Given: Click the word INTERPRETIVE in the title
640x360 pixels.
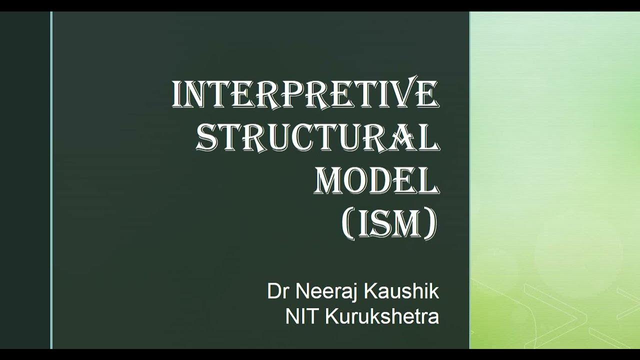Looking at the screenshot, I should coord(305,93).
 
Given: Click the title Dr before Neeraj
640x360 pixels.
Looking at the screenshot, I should coord(276,291).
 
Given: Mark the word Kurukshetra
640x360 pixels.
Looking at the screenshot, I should coord(382,317).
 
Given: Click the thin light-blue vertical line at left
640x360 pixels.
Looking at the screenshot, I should coord(51,180).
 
